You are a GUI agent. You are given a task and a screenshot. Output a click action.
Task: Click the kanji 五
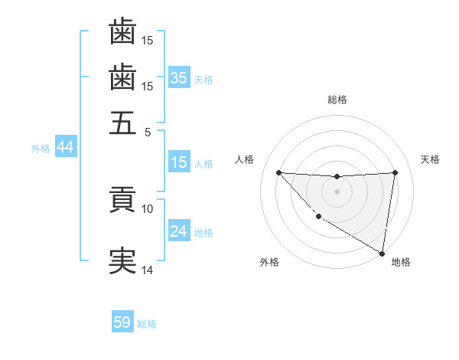122,123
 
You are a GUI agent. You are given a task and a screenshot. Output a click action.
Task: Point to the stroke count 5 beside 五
148,131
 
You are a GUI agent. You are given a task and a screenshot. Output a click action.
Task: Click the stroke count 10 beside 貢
148,208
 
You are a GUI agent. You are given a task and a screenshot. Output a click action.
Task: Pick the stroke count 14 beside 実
148,270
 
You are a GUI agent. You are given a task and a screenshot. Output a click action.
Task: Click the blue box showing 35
179,78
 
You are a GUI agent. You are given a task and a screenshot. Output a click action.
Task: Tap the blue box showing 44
65,148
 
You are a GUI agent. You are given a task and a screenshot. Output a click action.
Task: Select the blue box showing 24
179,232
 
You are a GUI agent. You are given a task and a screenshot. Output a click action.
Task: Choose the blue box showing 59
122,322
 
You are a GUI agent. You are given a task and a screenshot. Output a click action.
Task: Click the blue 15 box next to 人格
179,163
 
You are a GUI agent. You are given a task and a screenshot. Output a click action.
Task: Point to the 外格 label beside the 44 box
41,149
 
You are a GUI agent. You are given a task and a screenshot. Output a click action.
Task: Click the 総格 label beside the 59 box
147,324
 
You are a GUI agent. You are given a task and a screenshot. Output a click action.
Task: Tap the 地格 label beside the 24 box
203,233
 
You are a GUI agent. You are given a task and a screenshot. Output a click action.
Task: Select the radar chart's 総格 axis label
337,100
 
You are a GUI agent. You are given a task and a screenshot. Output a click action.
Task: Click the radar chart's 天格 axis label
430,159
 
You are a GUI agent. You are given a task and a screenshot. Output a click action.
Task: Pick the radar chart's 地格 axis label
401,262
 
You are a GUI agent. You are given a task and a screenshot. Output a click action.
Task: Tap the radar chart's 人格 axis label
245,159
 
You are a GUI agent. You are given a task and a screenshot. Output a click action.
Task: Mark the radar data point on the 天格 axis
396,172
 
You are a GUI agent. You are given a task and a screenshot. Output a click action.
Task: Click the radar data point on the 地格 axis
382,254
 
